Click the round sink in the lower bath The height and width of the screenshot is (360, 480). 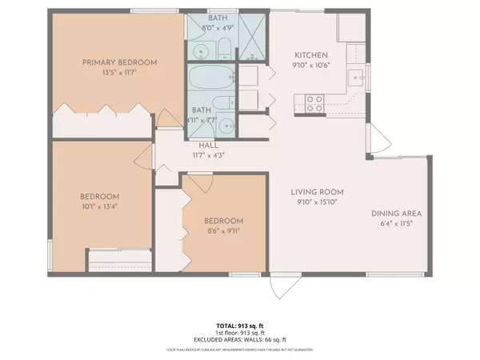226,125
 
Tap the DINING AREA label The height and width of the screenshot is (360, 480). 396,214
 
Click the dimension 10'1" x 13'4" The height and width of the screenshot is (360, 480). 99,207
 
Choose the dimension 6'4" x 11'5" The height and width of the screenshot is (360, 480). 396,224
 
